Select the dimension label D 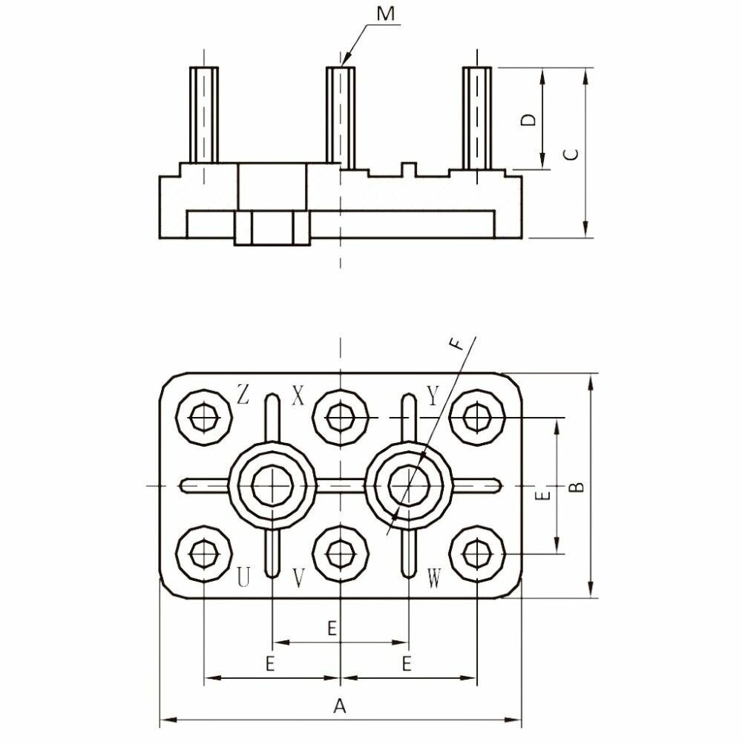[x=528, y=119]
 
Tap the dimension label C [x=571, y=154]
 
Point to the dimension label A [x=340, y=706]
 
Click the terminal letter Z [x=242, y=394]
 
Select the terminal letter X [x=298, y=395]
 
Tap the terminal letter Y [x=433, y=395]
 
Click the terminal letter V [x=298, y=578]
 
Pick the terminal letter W [x=435, y=578]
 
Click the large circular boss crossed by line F [x=410, y=485]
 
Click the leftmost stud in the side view [x=203, y=115]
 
